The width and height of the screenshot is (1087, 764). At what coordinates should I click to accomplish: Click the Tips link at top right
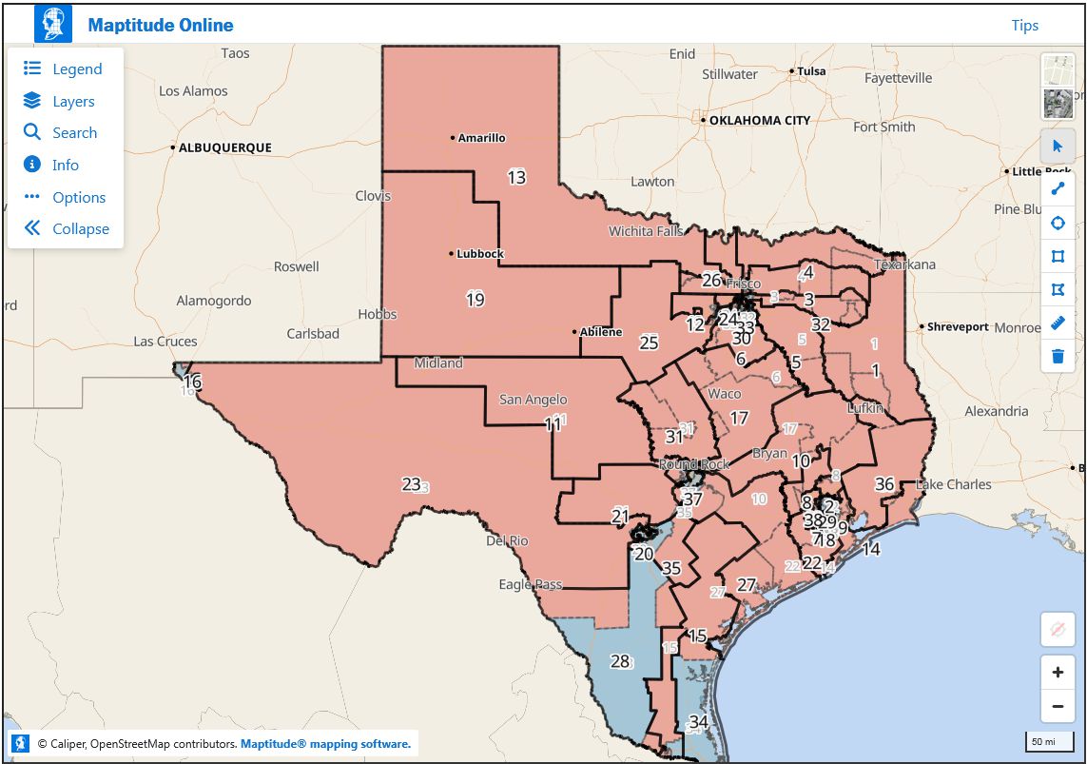(1024, 26)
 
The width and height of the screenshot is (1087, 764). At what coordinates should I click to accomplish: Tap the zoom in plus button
(1058, 673)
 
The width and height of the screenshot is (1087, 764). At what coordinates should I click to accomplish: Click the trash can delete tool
(1058, 357)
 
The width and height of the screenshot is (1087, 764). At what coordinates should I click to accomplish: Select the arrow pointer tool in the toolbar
(1058, 147)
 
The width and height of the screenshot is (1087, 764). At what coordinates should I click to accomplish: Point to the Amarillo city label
(481, 138)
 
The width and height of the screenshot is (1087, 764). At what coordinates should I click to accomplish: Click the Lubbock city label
(479, 254)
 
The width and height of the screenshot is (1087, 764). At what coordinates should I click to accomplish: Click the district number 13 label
(516, 177)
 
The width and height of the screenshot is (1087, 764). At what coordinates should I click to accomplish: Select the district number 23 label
(411, 484)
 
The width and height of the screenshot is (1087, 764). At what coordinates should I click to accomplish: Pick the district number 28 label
(620, 661)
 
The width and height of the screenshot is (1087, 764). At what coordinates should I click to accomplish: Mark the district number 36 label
(884, 483)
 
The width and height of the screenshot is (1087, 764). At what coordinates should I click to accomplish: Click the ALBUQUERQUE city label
(224, 148)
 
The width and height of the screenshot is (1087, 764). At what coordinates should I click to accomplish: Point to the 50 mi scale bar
(1043, 742)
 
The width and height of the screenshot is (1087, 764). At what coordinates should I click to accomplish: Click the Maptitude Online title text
(160, 26)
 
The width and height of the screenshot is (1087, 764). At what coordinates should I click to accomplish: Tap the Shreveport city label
(958, 327)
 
